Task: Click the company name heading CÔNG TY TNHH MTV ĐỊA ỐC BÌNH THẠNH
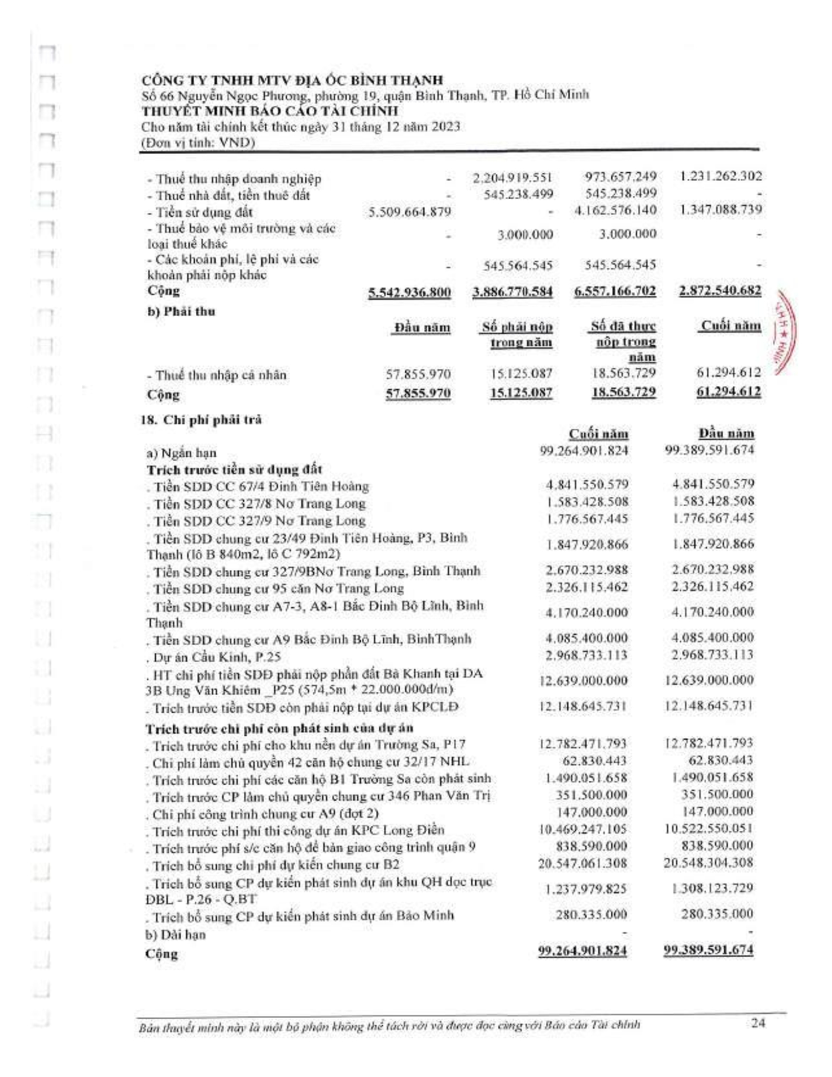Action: (x=292, y=80)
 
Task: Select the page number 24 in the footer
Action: (x=758, y=1022)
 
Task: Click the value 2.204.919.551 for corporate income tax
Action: (x=512, y=178)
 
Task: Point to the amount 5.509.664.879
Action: (x=410, y=212)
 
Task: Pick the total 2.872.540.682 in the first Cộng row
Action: (x=719, y=291)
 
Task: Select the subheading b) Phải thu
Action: (x=182, y=312)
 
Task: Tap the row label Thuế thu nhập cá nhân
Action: (x=216, y=375)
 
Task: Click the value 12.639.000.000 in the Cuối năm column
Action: (x=584, y=681)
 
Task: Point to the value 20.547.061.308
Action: (x=583, y=863)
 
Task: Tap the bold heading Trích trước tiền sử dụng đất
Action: (x=234, y=469)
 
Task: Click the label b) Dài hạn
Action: (x=176, y=935)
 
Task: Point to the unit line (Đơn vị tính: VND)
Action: (x=198, y=143)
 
